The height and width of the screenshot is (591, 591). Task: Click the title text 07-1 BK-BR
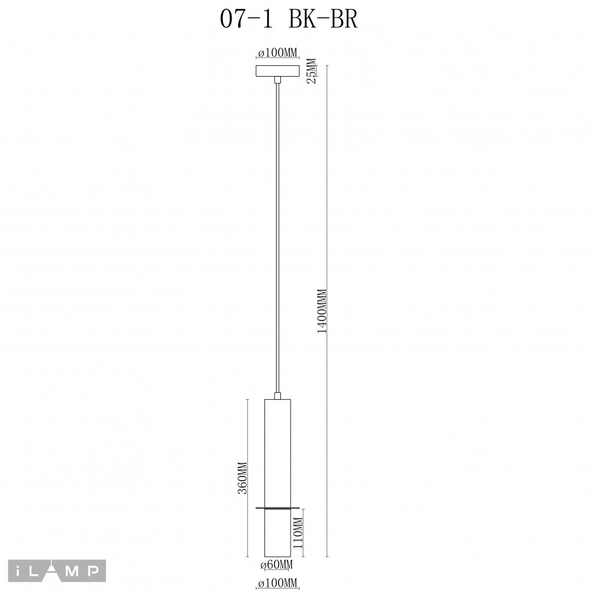288,19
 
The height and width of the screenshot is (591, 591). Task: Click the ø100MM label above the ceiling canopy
277,54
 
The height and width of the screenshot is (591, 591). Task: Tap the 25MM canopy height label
311,71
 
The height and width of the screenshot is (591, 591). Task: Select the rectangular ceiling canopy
278,71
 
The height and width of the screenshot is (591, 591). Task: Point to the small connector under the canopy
278,80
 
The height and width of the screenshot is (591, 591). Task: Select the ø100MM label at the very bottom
277,584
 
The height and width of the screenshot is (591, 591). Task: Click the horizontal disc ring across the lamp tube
278,508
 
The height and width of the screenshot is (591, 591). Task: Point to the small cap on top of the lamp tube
278,397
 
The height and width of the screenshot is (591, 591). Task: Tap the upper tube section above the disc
278,451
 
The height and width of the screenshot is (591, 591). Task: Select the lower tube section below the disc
278,533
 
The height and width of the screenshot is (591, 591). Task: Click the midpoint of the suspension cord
278,238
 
